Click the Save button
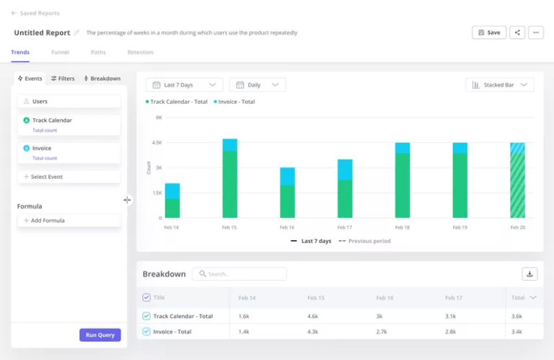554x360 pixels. [488, 32]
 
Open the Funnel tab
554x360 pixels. [60, 53]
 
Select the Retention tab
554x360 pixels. [140, 53]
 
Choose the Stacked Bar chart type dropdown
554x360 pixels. [499, 85]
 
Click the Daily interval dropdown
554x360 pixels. [258, 85]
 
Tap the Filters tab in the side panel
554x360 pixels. [63, 79]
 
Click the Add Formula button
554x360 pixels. [69, 220]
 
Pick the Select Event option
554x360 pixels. [69, 177]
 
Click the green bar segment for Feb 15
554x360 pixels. [229, 184]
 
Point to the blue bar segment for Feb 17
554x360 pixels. [345, 170]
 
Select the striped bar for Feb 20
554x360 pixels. [517, 184]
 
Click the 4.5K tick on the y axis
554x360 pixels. [157, 143]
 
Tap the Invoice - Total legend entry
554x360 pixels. [234, 102]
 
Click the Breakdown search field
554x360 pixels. [239, 274]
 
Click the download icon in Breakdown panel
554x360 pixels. [529, 274]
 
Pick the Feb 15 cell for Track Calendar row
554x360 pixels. [313, 316]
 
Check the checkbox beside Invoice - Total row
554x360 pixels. [146, 332]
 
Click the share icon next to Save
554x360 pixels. [517, 32]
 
